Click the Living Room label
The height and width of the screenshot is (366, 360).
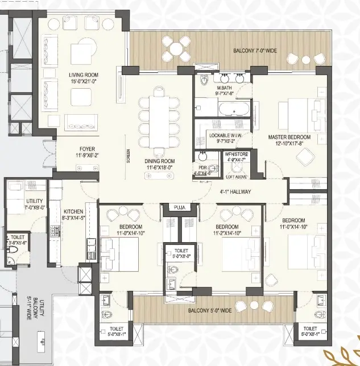click(x=84, y=75)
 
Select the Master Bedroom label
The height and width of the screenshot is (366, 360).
click(x=289, y=138)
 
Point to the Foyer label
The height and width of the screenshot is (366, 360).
click(x=86, y=149)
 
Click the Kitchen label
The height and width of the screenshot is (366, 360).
click(x=73, y=210)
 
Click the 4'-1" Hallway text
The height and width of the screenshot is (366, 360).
click(x=235, y=192)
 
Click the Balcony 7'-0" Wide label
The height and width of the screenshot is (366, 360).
click(x=255, y=51)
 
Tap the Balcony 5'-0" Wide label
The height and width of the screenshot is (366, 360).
click(x=210, y=311)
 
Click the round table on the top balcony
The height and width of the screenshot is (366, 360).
click(x=177, y=49)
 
